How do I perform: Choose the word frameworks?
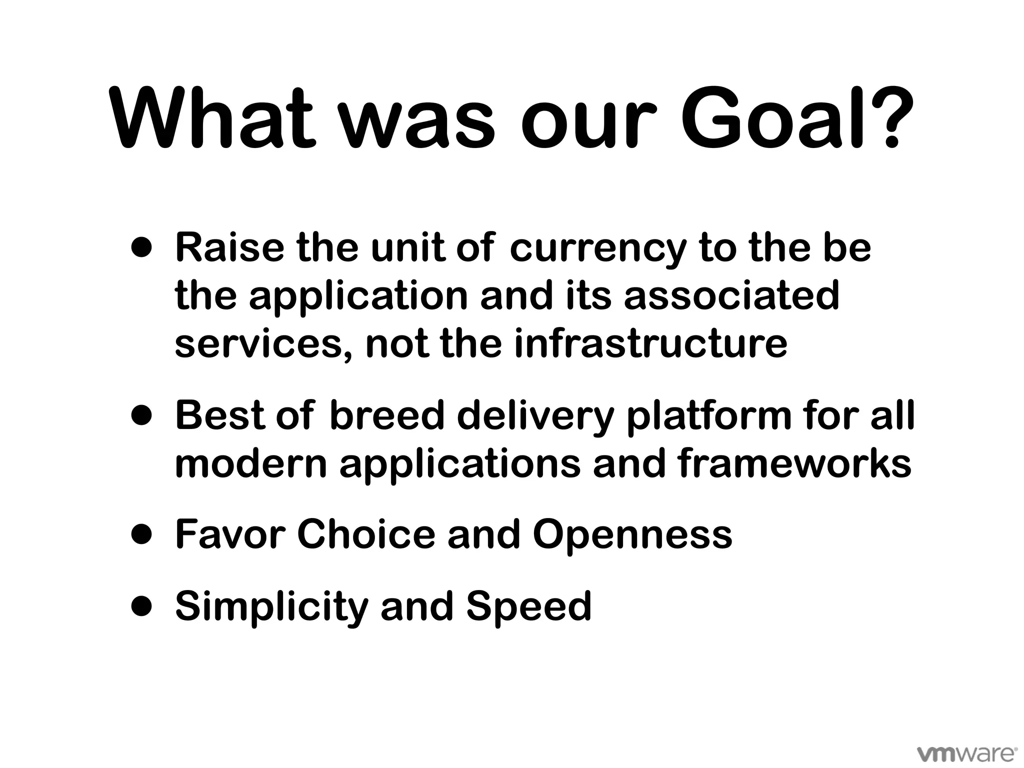[795, 463]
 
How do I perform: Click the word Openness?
[632, 534]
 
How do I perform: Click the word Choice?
[366, 534]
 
